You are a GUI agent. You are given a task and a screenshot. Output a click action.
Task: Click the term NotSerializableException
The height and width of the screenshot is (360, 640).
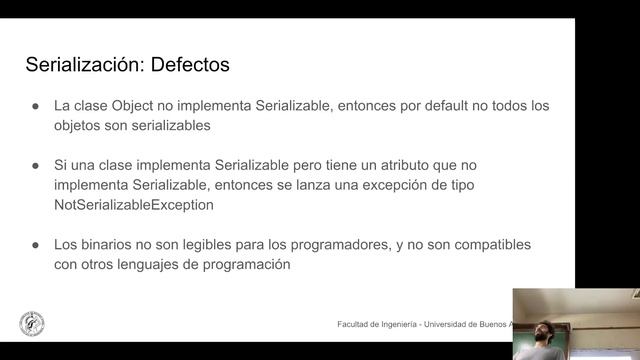pos(134,205)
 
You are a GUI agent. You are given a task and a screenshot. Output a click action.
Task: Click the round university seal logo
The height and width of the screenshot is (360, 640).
pos(31,324)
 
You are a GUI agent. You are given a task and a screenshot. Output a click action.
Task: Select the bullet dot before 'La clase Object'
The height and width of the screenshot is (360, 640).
pos(35,106)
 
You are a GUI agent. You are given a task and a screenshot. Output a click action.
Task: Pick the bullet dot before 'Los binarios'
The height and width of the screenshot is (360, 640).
pos(35,245)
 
